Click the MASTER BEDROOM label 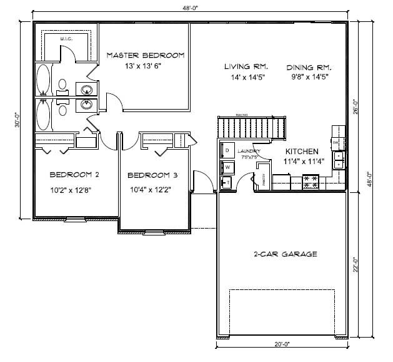coord(145,55)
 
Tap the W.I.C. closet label coord(66,39)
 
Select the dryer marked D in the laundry coord(227,152)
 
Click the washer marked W coord(227,167)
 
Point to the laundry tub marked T coord(226,183)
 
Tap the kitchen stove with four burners coord(311,182)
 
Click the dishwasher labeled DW coord(336,143)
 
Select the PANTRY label coord(263,180)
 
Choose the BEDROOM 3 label coord(149,175)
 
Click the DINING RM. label coord(309,67)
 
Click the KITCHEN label coord(302,152)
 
